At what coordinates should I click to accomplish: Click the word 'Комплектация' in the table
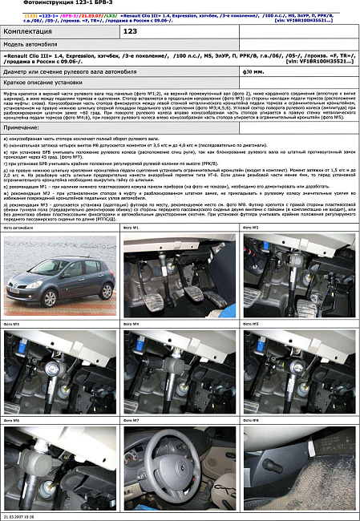tap(29, 30)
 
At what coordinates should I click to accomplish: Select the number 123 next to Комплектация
tap(132, 30)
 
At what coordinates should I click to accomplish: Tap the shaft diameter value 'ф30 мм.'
tap(254, 71)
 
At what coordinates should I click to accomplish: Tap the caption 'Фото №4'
tap(131, 324)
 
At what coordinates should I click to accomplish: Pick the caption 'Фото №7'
tap(131, 420)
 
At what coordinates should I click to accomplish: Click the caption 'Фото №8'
tap(250, 420)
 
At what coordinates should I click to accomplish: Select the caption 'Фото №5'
tap(250, 324)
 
